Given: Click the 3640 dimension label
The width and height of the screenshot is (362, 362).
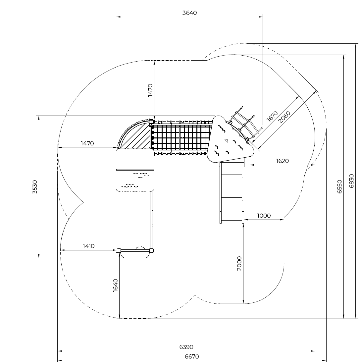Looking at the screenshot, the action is (189, 13).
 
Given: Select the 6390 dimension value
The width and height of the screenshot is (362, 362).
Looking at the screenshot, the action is (186, 347).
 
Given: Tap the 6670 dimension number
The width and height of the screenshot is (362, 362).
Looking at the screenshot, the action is (192, 357).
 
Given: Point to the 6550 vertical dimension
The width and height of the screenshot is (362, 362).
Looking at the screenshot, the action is (339, 186).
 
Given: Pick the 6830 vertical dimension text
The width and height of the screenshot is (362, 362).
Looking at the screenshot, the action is (351, 181).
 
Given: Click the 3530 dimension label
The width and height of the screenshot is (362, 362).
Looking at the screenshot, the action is (35, 187).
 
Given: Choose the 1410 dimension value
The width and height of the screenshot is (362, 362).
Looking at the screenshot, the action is (89, 246).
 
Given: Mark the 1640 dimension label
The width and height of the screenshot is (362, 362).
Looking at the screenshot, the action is (116, 285).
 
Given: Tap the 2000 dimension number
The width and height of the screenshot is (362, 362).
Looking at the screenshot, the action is (239, 263).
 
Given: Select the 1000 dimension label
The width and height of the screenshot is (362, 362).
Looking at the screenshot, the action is (264, 216).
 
